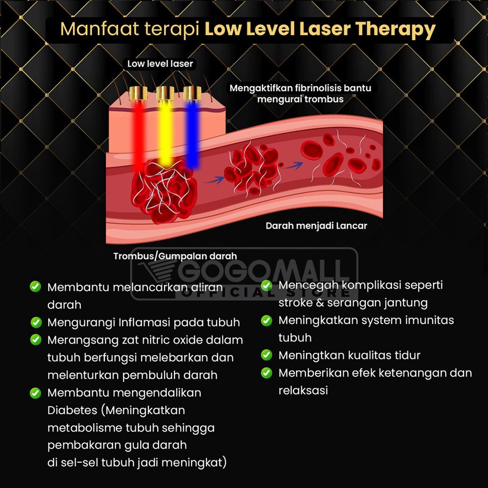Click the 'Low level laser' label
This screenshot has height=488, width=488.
[160, 63]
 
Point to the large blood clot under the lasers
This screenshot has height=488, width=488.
[163, 191]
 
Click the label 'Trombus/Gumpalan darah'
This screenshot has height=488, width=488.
[175, 256]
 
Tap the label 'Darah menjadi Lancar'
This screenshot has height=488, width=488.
[316, 225]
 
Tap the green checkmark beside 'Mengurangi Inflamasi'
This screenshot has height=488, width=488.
[36, 322]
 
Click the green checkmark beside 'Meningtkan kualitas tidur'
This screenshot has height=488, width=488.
[266, 355]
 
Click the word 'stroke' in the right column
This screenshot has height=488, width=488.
[295, 303]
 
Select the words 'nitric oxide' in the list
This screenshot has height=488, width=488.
[167, 340]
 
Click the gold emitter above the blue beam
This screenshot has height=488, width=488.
[192, 93]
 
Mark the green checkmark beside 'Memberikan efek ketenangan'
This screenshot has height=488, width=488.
[266, 373]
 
